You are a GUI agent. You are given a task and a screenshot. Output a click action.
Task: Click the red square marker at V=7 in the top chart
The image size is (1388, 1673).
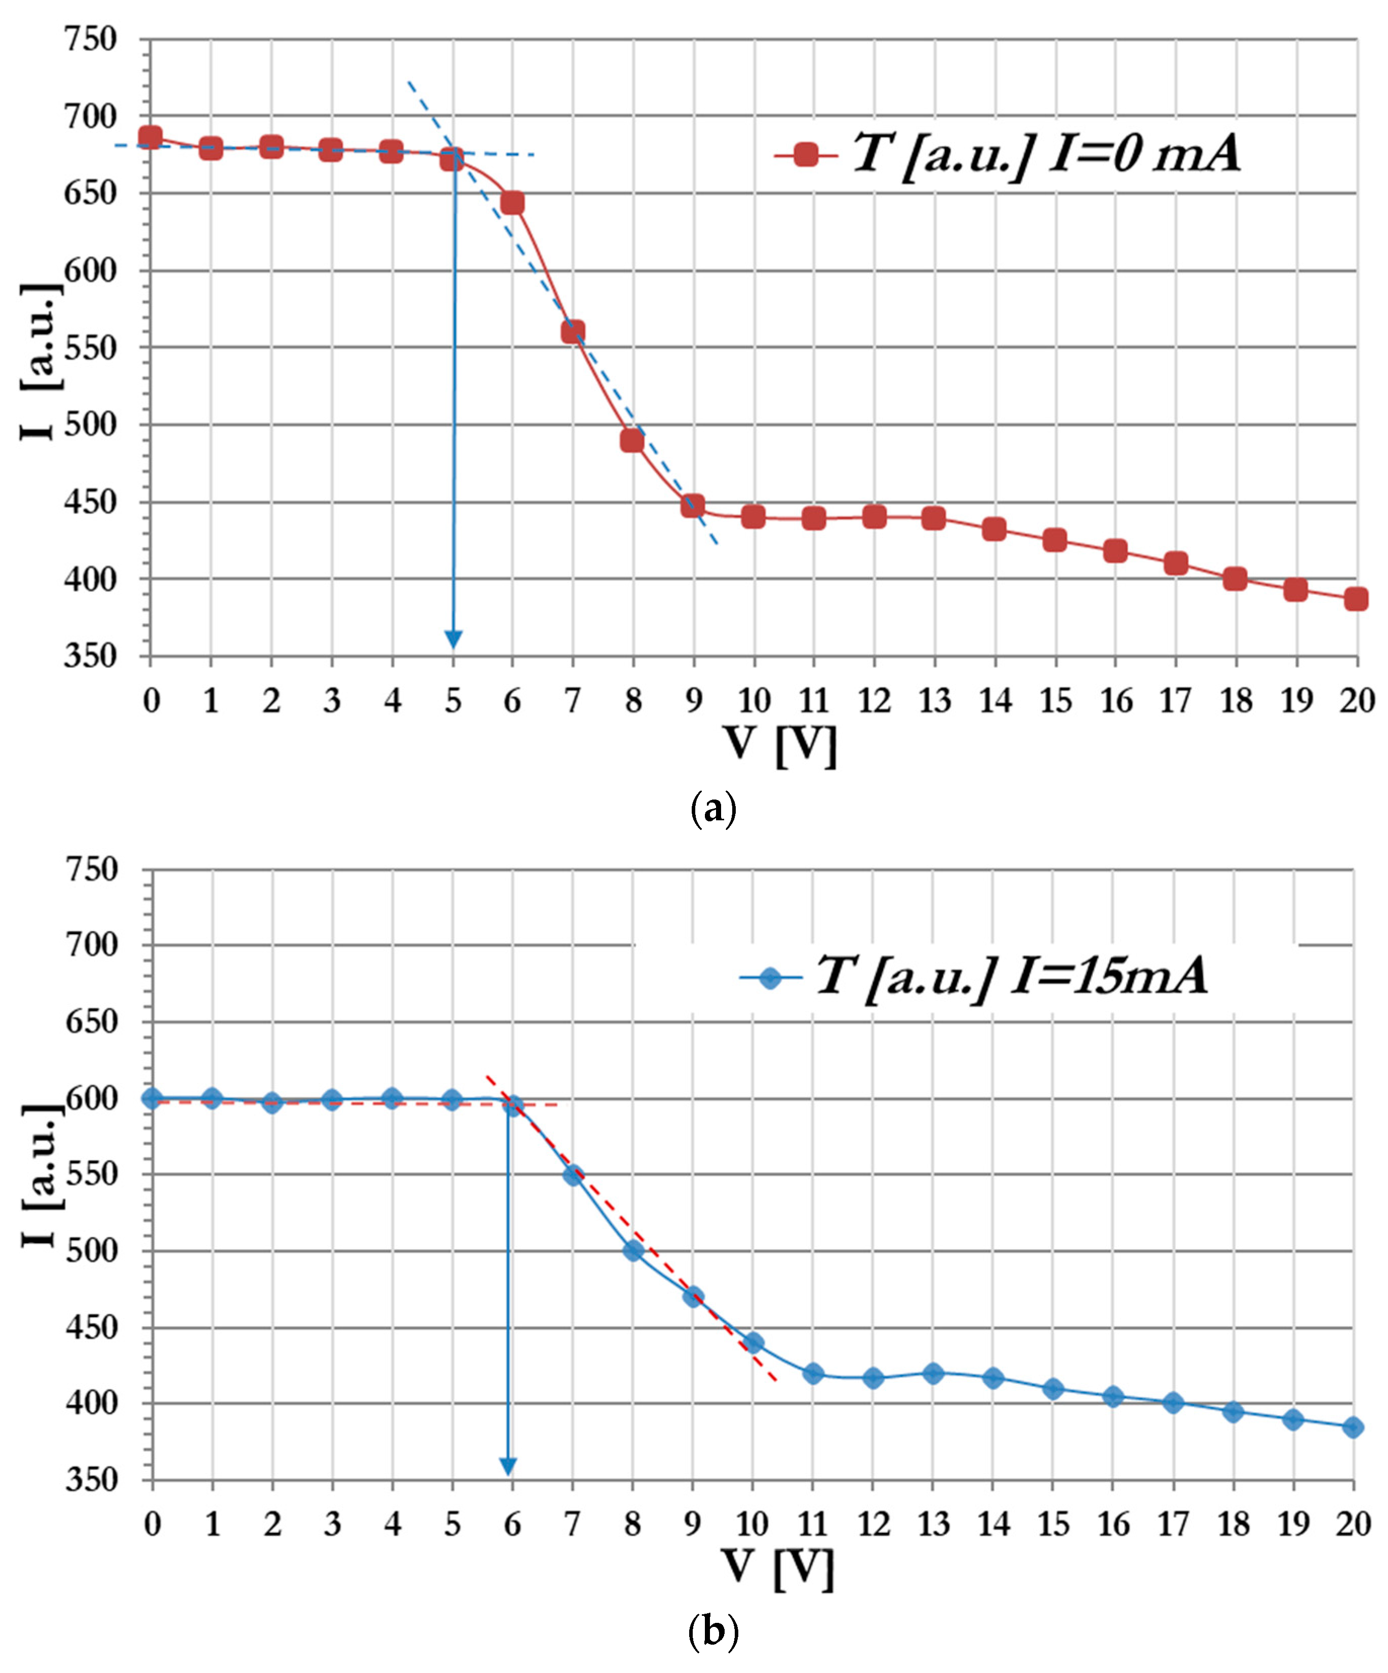(x=573, y=332)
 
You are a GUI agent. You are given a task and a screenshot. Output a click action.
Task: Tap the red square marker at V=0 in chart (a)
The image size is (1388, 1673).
(x=150, y=137)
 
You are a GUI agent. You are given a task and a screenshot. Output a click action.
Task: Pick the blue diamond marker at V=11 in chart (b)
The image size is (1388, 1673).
(x=813, y=1373)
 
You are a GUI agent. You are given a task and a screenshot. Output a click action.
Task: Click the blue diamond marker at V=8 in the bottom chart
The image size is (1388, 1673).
(x=632, y=1250)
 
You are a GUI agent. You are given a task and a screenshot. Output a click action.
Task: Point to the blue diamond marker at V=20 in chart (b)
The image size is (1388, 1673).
(x=1352, y=1427)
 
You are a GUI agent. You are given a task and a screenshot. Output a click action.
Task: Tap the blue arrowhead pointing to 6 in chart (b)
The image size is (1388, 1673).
(x=507, y=1467)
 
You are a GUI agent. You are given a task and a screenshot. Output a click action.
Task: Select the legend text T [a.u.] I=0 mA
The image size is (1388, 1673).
(x=1045, y=153)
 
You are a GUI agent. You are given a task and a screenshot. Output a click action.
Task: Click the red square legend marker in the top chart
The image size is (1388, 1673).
(x=806, y=154)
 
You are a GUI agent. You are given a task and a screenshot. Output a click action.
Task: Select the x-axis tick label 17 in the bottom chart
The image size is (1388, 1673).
(x=1173, y=1524)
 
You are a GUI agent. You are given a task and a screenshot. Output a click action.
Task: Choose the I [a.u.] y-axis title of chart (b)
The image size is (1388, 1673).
(x=40, y=1175)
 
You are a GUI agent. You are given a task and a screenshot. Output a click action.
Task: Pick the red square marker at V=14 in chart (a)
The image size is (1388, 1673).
(x=994, y=529)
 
